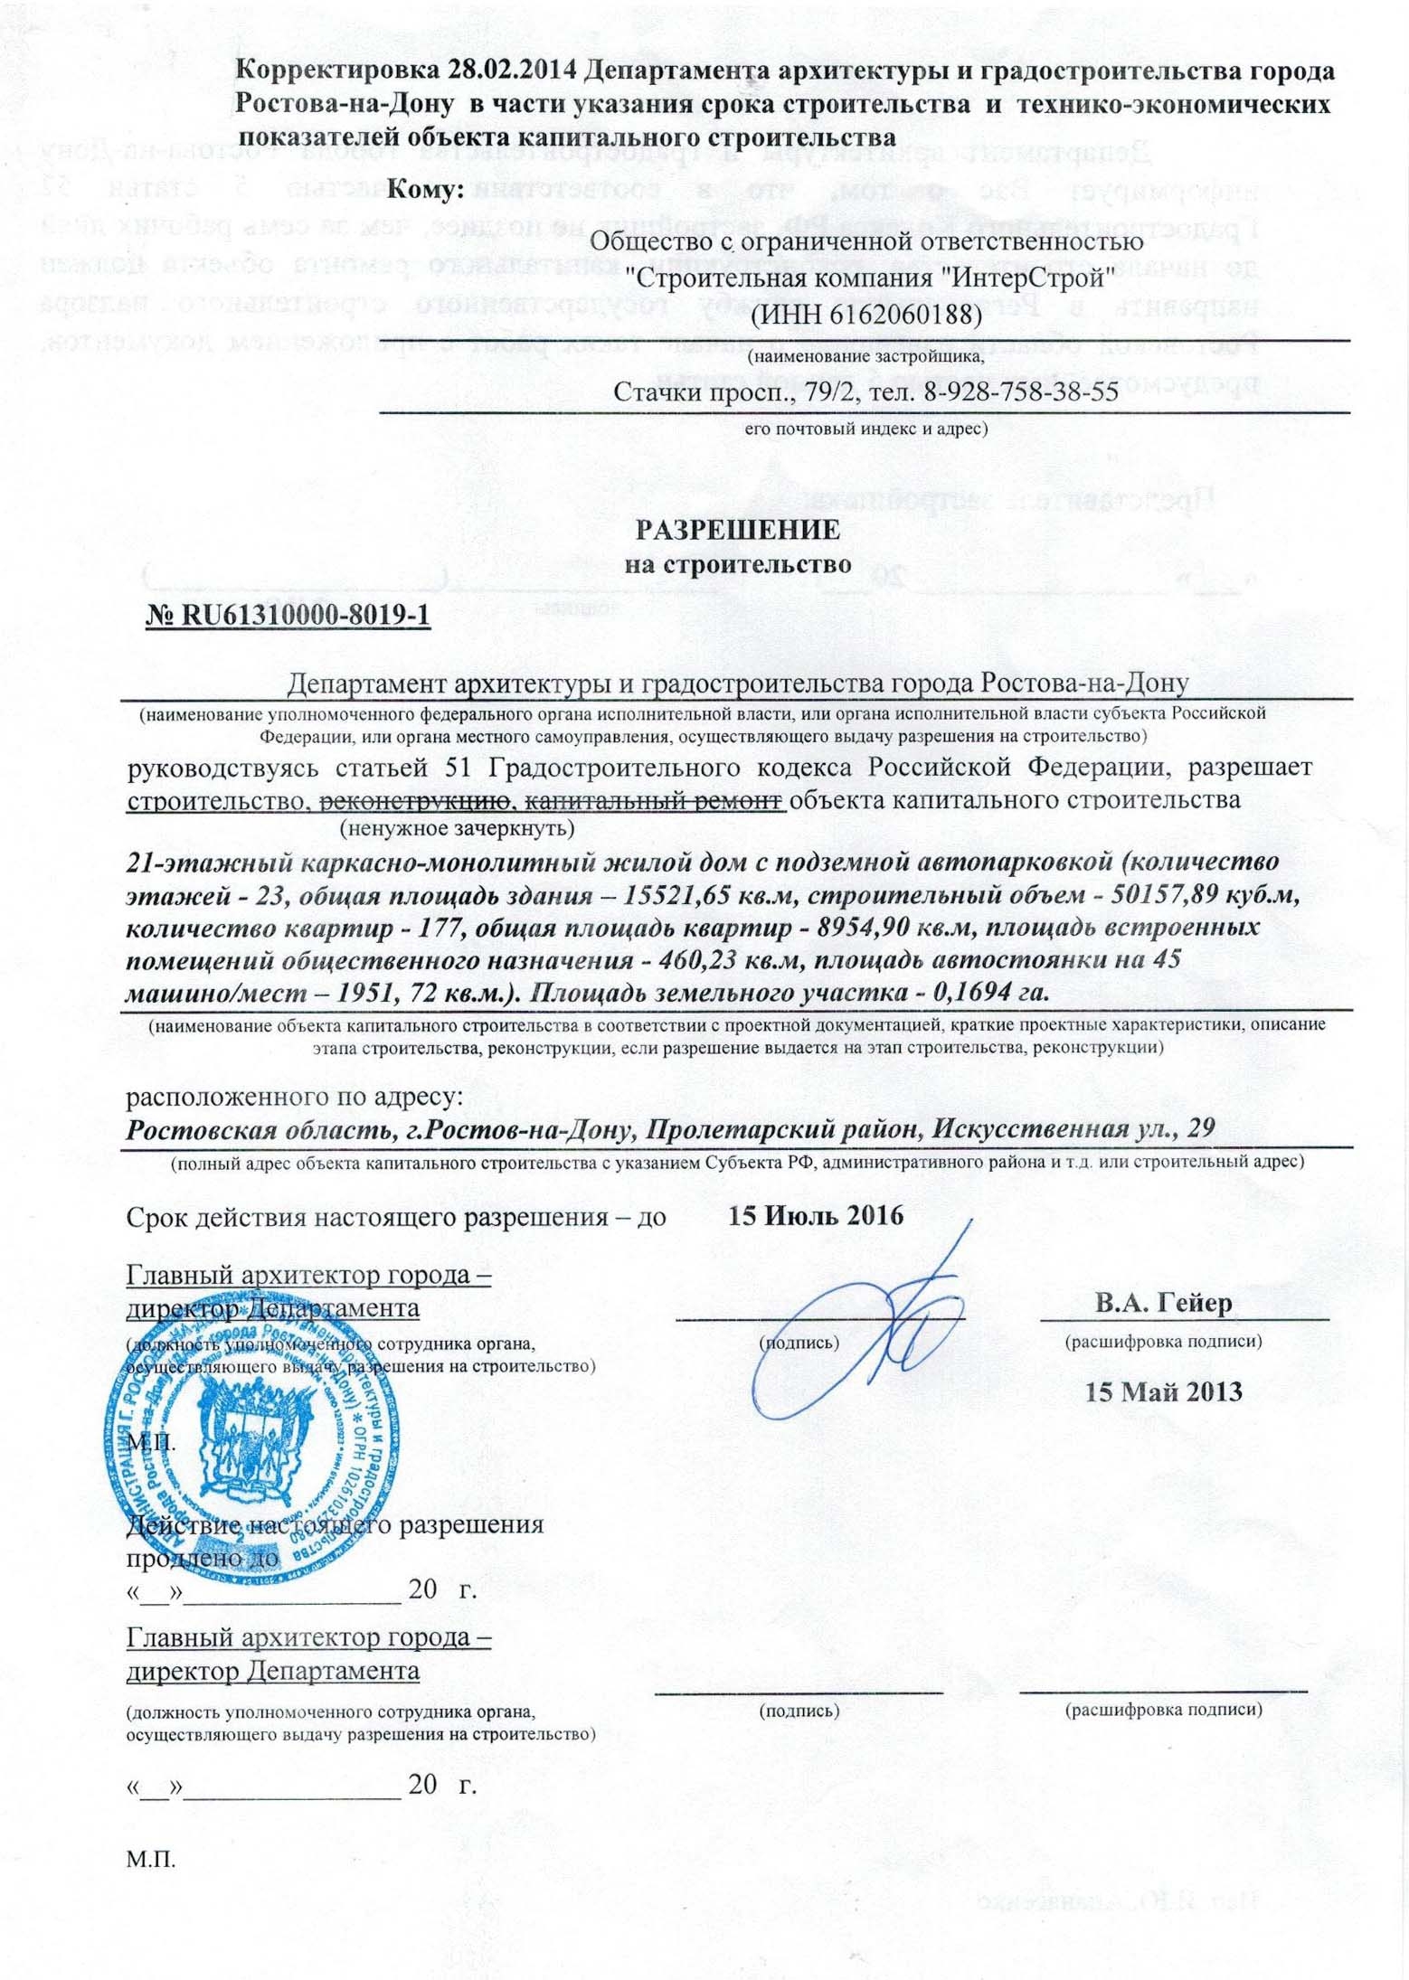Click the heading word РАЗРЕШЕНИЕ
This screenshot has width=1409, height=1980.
pyautogui.click(x=737, y=530)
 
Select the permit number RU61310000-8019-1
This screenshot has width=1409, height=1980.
pyautogui.click(x=305, y=615)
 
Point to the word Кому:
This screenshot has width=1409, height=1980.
pyautogui.click(x=425, y=190)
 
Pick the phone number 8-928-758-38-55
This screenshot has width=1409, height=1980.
pyautogui.click(x=1021, y=391)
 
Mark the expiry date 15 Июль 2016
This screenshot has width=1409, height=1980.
pyautogui.click(x=816, y=1215)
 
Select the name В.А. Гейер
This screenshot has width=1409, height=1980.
pyautogui.click(x=1163, y=1303)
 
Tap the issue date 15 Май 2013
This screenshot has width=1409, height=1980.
pyautogui.click(x=1163, y=1391)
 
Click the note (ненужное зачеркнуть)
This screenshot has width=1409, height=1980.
pyautogui.click(x=456, y=827)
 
